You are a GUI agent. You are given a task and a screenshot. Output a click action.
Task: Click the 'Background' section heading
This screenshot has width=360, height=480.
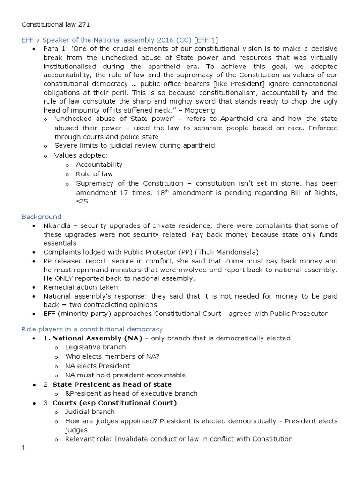point(41,217)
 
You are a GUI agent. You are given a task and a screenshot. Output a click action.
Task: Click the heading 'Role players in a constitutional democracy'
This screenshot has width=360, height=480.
point(92,329)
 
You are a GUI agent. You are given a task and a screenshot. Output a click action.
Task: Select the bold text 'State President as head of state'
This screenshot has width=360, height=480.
point(112,384)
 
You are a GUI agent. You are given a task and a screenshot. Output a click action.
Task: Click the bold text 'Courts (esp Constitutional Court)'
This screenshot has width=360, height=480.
point(114,403)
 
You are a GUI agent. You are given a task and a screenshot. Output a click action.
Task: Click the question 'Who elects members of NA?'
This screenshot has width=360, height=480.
point(110,357)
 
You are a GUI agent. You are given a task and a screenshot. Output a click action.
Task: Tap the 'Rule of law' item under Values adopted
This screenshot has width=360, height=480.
point(94,174)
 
